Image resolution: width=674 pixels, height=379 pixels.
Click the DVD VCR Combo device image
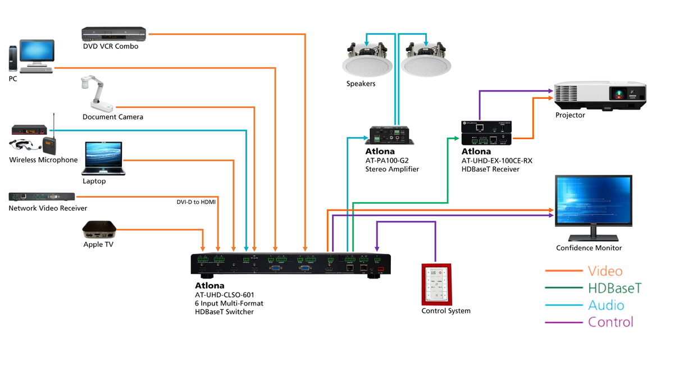pos(113,34)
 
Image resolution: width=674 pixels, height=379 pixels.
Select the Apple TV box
pos(99,230)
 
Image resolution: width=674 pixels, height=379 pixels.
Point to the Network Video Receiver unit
pos(42,197)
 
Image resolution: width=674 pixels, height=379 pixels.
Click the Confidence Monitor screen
pos(595,200)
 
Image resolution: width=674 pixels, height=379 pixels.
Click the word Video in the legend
pos(605,271)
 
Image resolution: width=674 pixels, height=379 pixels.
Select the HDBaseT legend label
pos(614,289)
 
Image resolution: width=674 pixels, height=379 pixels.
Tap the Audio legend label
pos(605,305)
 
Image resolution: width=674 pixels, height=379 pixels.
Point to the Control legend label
pos(610,322)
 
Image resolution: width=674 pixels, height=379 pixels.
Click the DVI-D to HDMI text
pos(196,202)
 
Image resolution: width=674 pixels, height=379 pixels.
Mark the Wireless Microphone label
pos(43,160)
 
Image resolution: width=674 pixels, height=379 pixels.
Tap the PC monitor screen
pos(37,51)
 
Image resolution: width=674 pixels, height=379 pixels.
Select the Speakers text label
pos(361,84)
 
